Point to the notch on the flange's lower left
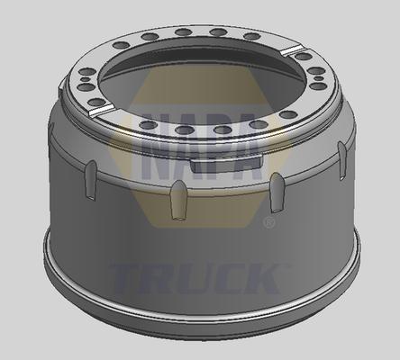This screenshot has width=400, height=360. click(102, 108)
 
